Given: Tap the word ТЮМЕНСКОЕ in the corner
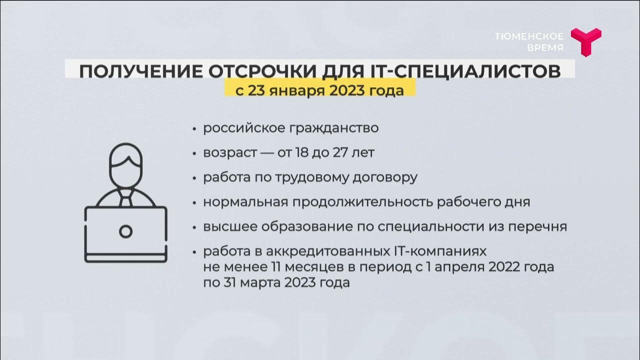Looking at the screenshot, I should (x=529, y=36).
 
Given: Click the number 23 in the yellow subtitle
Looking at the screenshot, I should (x=251, y=90).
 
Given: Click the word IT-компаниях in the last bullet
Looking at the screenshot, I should (x=441, y=250).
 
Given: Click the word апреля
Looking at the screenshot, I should (x=461, y=267).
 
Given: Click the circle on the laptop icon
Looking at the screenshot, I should (x=126, y=231).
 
